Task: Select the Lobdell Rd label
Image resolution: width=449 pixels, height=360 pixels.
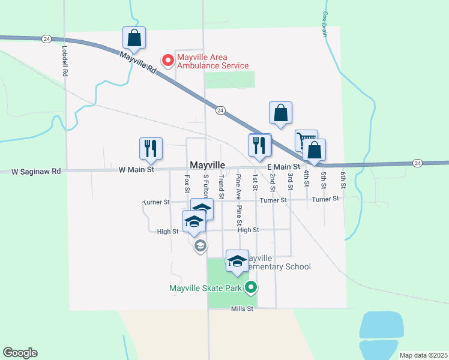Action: (x=64, y=60)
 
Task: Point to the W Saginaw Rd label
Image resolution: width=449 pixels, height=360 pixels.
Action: (x=37, y=171)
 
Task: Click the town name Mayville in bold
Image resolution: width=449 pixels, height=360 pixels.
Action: (x=208, y=164)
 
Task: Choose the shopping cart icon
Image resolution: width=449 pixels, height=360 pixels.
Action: (x=306, y=141)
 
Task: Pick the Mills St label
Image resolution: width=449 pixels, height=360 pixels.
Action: (x=243, y=308)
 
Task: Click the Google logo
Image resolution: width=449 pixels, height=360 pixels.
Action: (x=20, y=353)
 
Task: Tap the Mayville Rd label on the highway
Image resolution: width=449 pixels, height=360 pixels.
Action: (x=138, y=63)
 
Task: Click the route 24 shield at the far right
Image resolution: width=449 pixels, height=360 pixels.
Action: (x=418, y=163)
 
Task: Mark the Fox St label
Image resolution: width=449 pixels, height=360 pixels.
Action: (x=187, y=184)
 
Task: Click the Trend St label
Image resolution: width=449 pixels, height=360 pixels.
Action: (x=221, y=187)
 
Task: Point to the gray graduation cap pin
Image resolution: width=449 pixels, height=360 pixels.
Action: (x=200, y=245)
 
